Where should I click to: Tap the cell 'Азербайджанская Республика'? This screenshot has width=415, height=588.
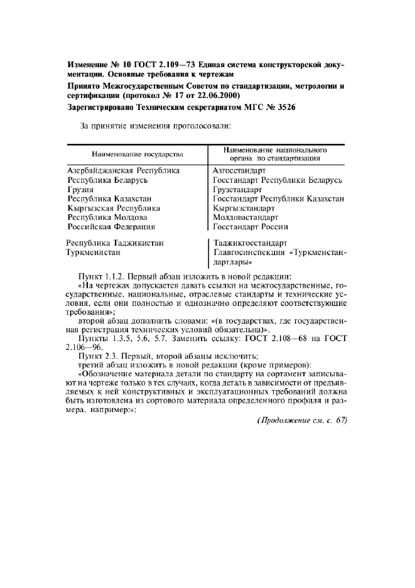click(x=123, y=170)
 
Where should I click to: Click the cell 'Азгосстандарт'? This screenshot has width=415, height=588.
click(x=239, y=170)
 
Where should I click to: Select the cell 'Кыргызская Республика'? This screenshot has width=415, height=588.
click(x=113, y=208)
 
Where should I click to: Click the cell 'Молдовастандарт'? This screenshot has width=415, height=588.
click(x=245, y=217)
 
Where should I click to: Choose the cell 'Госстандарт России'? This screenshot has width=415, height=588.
click(x=251, y=227)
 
